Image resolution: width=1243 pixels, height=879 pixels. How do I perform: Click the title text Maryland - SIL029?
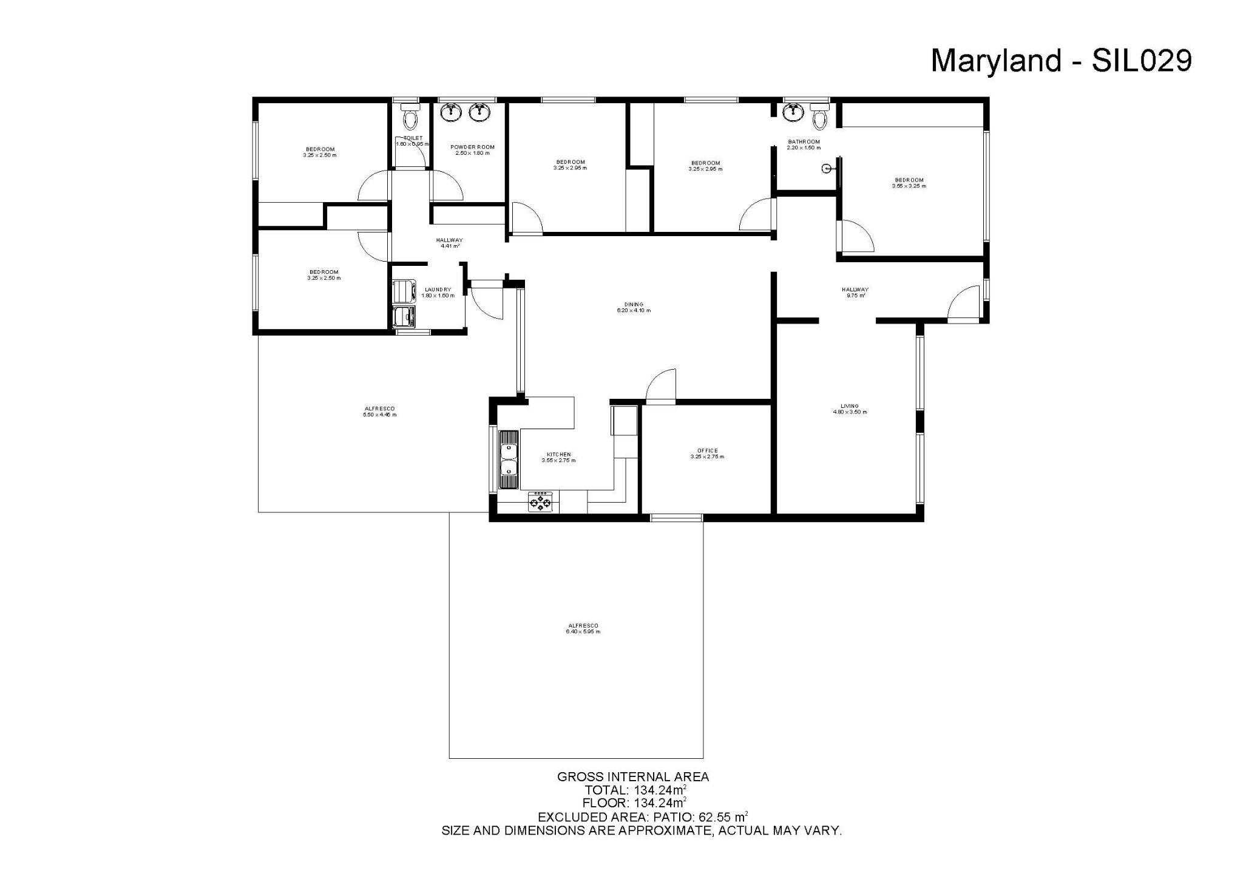pos(1061,61)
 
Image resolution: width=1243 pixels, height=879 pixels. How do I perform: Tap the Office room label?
pos(707,453)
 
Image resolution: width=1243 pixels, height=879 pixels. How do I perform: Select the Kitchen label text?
pos(558,457)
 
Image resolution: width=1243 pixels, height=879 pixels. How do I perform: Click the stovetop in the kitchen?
pos(541,502)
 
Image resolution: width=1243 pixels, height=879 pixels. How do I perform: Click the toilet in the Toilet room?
pos(411,117)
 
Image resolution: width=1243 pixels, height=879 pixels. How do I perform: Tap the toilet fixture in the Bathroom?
pos(819,117)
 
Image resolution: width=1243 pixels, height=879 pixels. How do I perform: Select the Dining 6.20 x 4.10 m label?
pos(633,307)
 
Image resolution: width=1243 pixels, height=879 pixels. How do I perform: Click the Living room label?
pos(850,409)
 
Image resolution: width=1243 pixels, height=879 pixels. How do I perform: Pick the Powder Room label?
pos(472,150)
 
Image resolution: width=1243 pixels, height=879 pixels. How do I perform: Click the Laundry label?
pos(438,293)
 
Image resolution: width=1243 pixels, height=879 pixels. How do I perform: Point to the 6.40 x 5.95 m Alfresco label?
pos(583,628)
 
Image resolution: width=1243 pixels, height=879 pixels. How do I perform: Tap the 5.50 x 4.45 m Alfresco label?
pos(379,412)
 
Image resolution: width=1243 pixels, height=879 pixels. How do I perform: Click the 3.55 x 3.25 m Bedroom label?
pos(909,183)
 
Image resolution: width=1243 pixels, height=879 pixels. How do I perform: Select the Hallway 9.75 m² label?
pos(855,293)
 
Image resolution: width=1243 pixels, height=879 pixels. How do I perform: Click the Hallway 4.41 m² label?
pos(449,243)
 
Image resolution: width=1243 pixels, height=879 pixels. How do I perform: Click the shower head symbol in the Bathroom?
pos(827,169)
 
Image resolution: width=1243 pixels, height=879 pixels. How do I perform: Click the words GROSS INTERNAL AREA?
pos(633,776)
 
